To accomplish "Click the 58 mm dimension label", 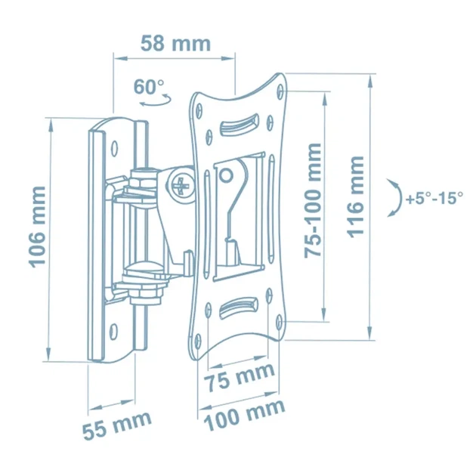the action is (x=175, y=44).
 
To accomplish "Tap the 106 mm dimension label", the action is (x=37, y=227).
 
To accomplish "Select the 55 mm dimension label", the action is (x=117, y=425).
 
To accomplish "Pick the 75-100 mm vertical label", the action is (x=313, y=201).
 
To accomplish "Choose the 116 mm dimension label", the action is (x=355, y=197).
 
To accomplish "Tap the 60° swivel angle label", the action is (x=148, y=87).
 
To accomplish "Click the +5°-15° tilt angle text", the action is (x=434, y=199).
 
